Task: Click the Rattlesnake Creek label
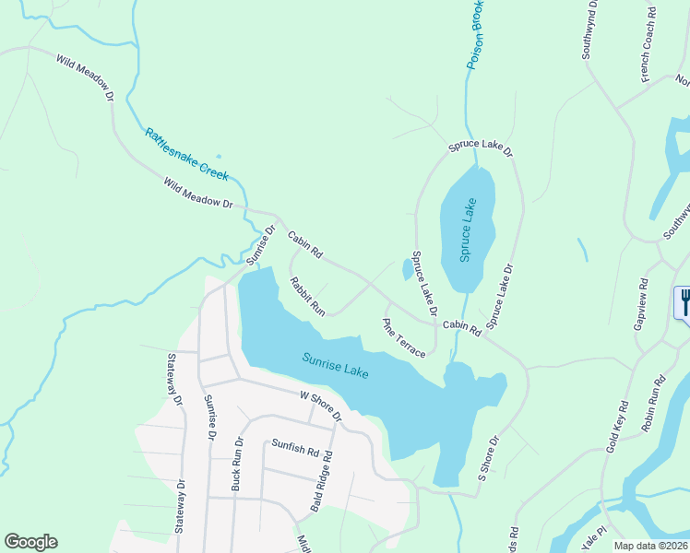186,153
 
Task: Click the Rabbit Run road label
308,295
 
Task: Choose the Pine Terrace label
404,338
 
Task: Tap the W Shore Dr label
320,406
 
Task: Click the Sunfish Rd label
293,449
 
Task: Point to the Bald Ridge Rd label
320,482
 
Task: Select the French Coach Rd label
650,42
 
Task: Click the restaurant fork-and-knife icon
684,302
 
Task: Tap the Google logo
30,542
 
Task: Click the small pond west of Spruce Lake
407,270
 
